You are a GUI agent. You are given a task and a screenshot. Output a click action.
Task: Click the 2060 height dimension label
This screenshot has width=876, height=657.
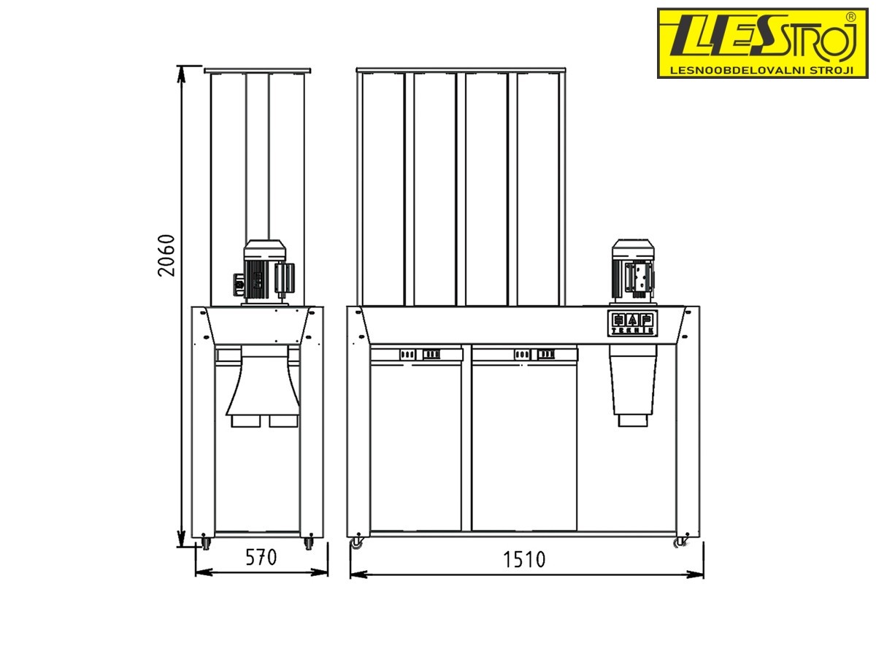[x=166, y=255]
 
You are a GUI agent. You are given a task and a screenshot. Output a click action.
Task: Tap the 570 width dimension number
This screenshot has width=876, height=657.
[x=261, y=558]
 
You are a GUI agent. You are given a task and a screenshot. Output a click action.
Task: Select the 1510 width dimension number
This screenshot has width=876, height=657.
[x=523, y=560]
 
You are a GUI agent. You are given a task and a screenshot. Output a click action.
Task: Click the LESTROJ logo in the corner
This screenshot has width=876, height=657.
[x=762, y=43]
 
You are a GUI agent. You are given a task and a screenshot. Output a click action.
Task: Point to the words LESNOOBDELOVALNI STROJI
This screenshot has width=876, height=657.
[x=761, y=71]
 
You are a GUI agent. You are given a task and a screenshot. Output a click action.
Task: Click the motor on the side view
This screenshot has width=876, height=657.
[x=264, y=272]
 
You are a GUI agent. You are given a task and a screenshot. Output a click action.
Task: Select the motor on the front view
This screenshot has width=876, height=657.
[x=634, y=272]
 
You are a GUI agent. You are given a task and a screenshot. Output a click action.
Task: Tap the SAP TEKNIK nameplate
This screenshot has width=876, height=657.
[x=633, y=323]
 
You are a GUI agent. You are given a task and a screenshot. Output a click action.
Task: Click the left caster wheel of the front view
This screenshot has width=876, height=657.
[x=357, y=542]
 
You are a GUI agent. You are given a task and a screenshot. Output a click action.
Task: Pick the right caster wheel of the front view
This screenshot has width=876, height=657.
[x=680, y=542]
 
